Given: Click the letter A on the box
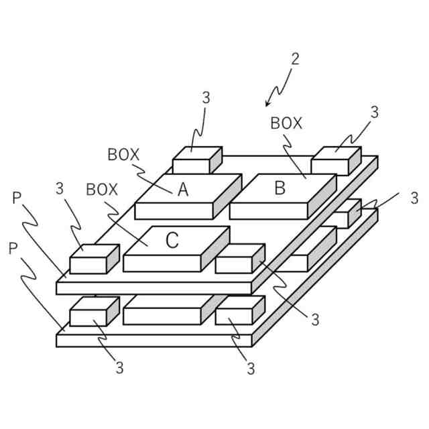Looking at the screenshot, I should (x=183, y=190).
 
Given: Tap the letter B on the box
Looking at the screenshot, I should (x=280, y=188).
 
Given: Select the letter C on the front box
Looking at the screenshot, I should (x=172, y=241).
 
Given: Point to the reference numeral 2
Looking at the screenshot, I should (x=295, y=58).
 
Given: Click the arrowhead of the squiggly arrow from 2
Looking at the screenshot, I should (x=267, y=104).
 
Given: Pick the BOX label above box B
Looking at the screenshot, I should (x=286, y=124).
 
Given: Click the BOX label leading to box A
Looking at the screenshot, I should (x=123, y=155).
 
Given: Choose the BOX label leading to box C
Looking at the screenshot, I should (x=102, y=190).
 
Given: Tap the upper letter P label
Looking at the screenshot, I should (x=17, y=198).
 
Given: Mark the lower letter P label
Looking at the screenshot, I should (x=13, y=249).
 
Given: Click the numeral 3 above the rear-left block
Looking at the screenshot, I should (x=206, y=97).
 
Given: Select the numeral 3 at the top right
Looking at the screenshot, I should (x=374, y=113).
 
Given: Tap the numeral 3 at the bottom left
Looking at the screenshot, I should (x=119, y=367).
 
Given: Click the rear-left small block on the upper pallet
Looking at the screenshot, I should (x=196, y=161).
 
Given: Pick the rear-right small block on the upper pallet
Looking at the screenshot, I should (x=335, y=161).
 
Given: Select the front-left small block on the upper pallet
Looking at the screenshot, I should (x=93, y=259).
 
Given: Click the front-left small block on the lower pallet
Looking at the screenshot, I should (x=93, y=312).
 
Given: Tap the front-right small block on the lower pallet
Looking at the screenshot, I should (x=239, y=312).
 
